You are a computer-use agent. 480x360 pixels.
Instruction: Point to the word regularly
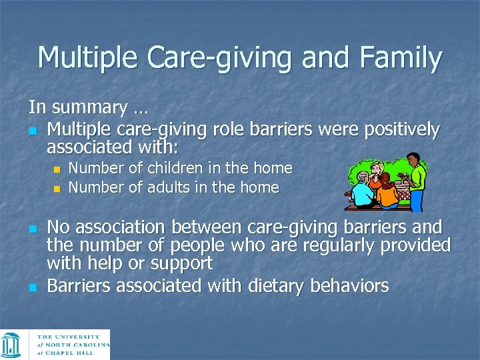tap(334, 245)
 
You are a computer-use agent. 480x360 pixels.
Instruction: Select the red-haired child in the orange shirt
tap(387, 192)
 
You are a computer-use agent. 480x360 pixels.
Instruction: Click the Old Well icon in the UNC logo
tap(11, 345)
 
